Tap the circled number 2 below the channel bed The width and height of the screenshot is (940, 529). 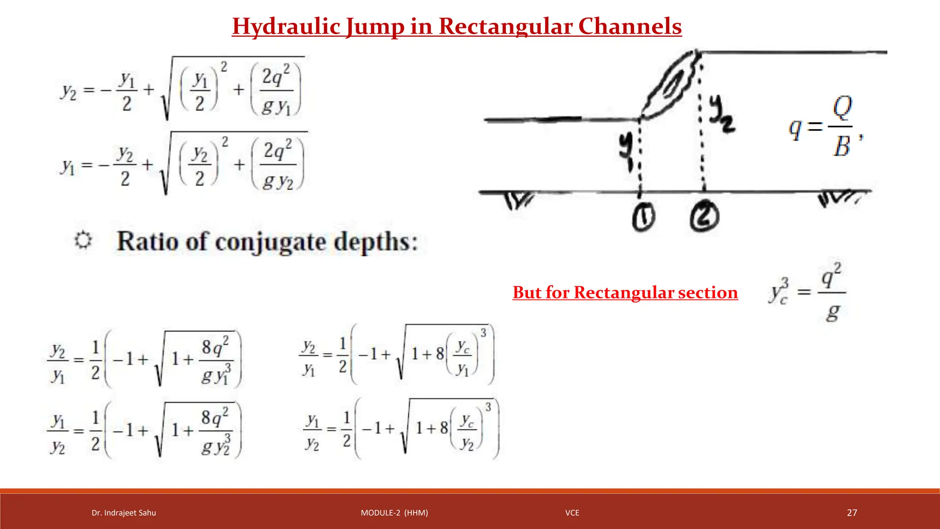(704, 217)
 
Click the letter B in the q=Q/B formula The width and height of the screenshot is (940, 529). (842, 146)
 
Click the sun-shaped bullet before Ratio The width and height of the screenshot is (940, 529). (83, 240)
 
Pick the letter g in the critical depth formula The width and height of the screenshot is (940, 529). (833, 313)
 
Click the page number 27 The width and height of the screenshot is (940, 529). (852, 512)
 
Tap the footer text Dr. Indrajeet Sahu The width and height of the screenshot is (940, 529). (123, 513)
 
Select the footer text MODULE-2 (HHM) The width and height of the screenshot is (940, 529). (394, 513)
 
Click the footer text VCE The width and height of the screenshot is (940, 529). (572, 513)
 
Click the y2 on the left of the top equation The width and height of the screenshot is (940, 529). (69, 91)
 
